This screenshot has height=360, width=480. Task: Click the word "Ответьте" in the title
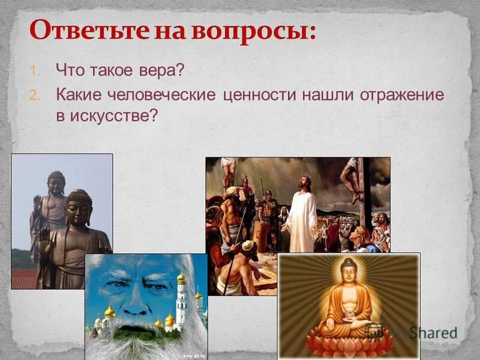pos(83,30)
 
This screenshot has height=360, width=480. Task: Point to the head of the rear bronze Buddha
pos(56,182)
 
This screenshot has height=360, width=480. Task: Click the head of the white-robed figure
pos(305,182)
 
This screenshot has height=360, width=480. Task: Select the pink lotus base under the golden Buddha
pos(349,343)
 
